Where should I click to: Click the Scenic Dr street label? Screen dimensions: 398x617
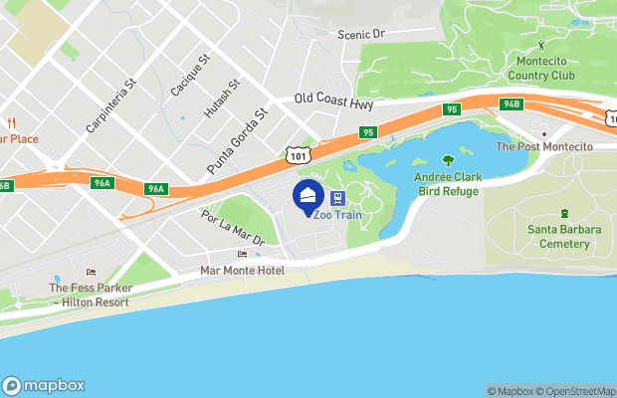[x=359, y=33]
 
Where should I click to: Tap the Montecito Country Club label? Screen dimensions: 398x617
[x=541, y=68]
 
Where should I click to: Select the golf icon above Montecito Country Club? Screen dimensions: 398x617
[x=541, y=45]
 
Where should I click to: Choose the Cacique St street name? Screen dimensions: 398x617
[x=190, y=75]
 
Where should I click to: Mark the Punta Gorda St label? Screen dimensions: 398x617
[x=238, y=140]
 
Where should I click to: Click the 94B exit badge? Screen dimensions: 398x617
[x=512, y=104]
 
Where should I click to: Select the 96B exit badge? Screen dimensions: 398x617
[x=4, y=185]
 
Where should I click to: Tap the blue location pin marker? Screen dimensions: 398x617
[x=308, y=193]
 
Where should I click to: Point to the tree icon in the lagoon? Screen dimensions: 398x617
[x=448, y=158]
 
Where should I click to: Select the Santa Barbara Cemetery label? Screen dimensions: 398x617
[x=564, y=236]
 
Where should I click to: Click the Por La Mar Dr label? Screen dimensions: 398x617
[x=232, y=227]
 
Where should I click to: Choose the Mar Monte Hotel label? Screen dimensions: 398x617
[x=242, y=271]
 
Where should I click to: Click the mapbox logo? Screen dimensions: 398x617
[x=44, y=385]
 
